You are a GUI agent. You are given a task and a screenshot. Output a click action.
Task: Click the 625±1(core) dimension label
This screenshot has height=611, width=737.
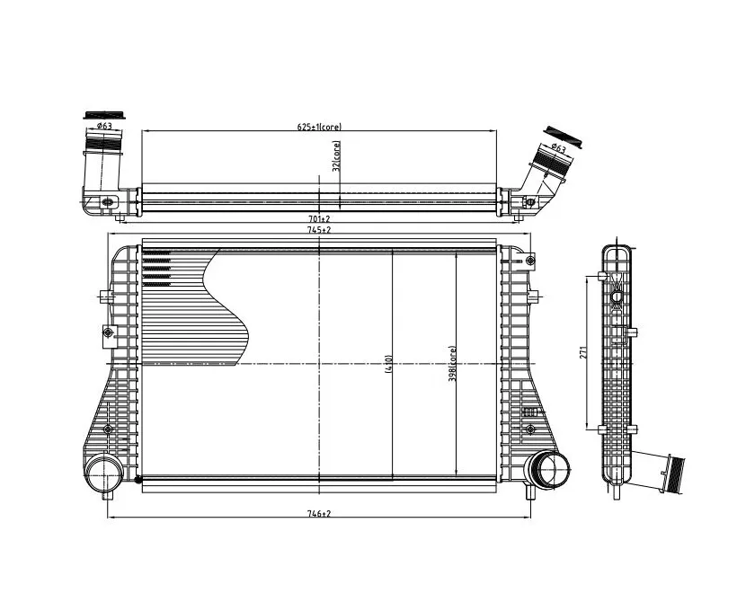[319, 127]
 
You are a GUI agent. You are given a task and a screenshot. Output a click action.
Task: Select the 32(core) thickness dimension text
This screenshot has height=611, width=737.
[336, 156]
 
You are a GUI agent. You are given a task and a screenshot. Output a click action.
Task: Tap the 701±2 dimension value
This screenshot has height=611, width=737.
[320, 218]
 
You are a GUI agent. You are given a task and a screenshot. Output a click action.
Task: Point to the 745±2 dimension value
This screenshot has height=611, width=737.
[320, 230]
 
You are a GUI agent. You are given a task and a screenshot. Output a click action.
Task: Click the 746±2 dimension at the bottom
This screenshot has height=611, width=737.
[319, 514]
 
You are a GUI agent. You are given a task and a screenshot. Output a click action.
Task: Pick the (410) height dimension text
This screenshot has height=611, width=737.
[388, 363]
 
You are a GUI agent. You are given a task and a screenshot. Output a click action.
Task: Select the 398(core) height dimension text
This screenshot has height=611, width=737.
[452, 364]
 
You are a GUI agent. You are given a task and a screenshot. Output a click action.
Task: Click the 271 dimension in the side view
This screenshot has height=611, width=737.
[582, 352]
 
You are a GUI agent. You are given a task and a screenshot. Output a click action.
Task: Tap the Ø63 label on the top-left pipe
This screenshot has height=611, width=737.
[104, 126]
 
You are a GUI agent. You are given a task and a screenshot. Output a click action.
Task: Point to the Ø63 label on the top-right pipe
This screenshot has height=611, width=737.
[558, 148]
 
